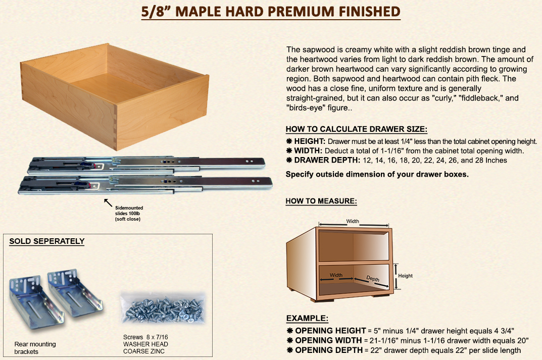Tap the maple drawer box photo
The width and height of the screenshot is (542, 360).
115,97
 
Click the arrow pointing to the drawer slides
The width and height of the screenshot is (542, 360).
108,202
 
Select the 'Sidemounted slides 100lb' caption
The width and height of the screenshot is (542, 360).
129,211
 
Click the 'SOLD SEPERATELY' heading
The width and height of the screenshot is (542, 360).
47,241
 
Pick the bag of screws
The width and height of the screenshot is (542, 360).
163,308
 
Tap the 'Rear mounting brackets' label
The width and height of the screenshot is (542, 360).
35,348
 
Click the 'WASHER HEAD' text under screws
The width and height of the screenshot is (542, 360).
145,344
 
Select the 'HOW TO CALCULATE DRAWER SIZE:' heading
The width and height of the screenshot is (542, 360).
357,129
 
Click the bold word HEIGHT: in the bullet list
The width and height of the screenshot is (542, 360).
309,141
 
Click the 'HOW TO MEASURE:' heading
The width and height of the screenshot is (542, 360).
321,201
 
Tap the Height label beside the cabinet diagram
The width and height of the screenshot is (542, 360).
405,276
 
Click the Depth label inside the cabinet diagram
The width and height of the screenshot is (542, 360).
373,279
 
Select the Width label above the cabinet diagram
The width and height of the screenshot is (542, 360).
353,221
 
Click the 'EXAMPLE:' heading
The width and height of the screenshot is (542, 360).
307,318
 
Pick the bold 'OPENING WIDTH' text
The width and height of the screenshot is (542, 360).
328,340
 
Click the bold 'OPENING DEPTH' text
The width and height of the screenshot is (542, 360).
329,350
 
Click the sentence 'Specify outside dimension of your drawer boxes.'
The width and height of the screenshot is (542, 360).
377,175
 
